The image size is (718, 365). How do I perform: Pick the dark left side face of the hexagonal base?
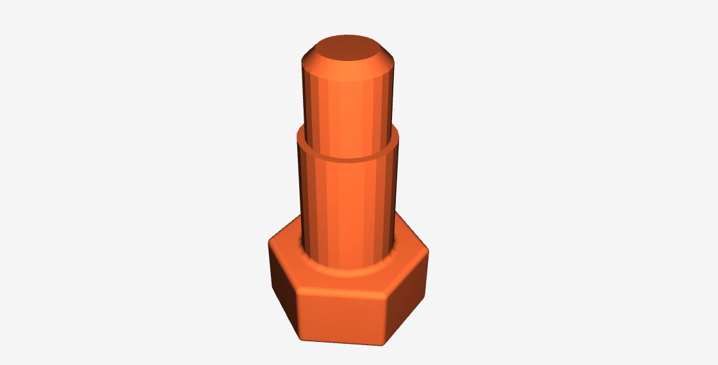point(282,282)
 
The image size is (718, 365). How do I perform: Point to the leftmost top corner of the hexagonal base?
point(270,242)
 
